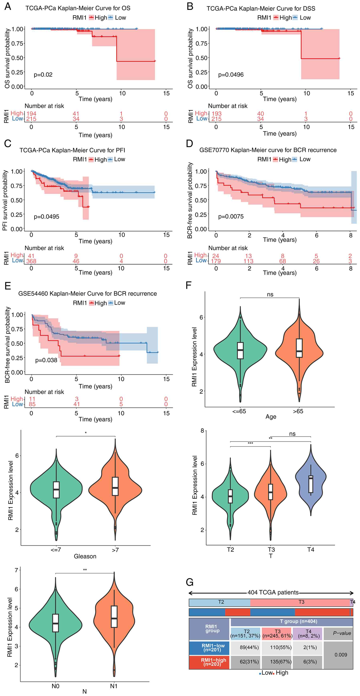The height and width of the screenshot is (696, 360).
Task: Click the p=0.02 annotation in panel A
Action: click(43, 75)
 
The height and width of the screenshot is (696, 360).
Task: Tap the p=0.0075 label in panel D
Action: click(231, 216)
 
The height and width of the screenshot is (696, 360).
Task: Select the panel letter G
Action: click(190, 582)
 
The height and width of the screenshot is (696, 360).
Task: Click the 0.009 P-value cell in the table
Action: click(341, 655)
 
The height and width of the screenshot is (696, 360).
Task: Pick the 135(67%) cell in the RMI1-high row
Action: click(281, 662)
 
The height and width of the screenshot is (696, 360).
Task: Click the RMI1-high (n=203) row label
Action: click(213, 662)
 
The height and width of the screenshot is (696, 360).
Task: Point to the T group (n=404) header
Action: click(298, 621)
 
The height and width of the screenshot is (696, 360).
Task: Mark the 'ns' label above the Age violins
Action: click(270, 294)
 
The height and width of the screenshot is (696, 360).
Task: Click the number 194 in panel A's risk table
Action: click(31, 114)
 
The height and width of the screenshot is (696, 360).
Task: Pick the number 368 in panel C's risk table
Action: click(31, 261)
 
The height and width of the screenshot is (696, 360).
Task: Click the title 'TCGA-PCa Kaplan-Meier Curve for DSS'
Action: click(261, 8)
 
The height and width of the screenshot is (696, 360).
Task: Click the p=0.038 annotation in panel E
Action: click(46, 360)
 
